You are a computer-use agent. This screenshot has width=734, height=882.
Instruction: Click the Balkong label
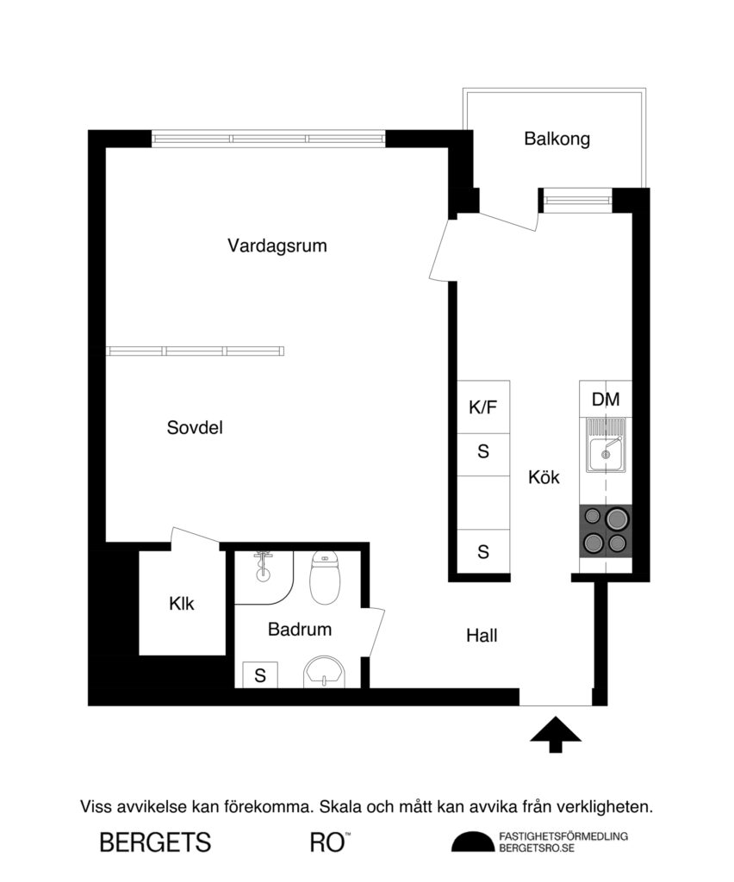(557, 139)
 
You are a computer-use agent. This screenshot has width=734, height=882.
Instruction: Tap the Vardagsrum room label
(277, 245)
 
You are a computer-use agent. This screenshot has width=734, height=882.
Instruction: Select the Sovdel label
(195, 427)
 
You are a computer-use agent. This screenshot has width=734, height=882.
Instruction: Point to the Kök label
(544, 476)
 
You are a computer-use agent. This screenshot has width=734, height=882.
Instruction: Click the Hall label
(482, 637)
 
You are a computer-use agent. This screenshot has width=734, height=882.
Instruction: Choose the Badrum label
(299, 630)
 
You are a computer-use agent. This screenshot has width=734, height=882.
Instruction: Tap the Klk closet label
(182, 604)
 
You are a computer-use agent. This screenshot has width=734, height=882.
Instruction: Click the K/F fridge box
(483, 407)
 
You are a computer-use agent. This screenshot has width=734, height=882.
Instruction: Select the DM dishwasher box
(606, 399)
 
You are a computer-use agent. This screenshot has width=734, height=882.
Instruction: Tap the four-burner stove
(606, 530)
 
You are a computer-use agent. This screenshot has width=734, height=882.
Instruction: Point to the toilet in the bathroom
(324, 580)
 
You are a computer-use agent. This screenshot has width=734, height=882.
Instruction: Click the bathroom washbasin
(324, 672)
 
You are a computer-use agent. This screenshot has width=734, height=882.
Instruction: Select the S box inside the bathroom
(259, 676)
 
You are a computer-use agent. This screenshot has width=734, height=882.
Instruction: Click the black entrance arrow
(555, 734)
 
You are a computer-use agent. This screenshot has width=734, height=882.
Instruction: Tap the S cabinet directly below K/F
(483, 450)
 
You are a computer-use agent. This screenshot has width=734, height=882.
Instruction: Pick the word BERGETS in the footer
(155, 842)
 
